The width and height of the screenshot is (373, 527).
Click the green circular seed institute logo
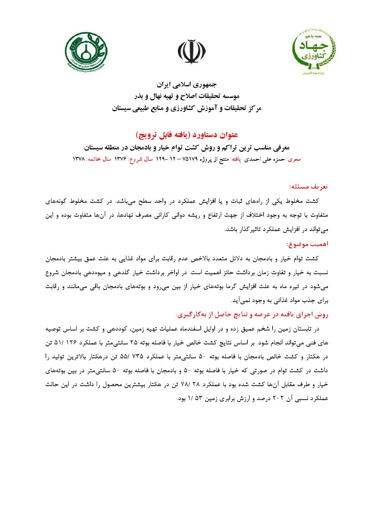(x=86, y=52)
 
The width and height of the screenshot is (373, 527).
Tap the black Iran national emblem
(x=192, y=52)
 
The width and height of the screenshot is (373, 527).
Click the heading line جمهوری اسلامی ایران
(x=187, y=85)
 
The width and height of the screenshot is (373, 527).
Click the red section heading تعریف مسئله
(x=309, y=186)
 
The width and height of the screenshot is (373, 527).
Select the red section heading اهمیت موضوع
(x=308, y=244)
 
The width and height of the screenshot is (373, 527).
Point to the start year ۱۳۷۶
(x=120, y=159)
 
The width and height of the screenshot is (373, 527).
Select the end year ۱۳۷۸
(x=79, y=159)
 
